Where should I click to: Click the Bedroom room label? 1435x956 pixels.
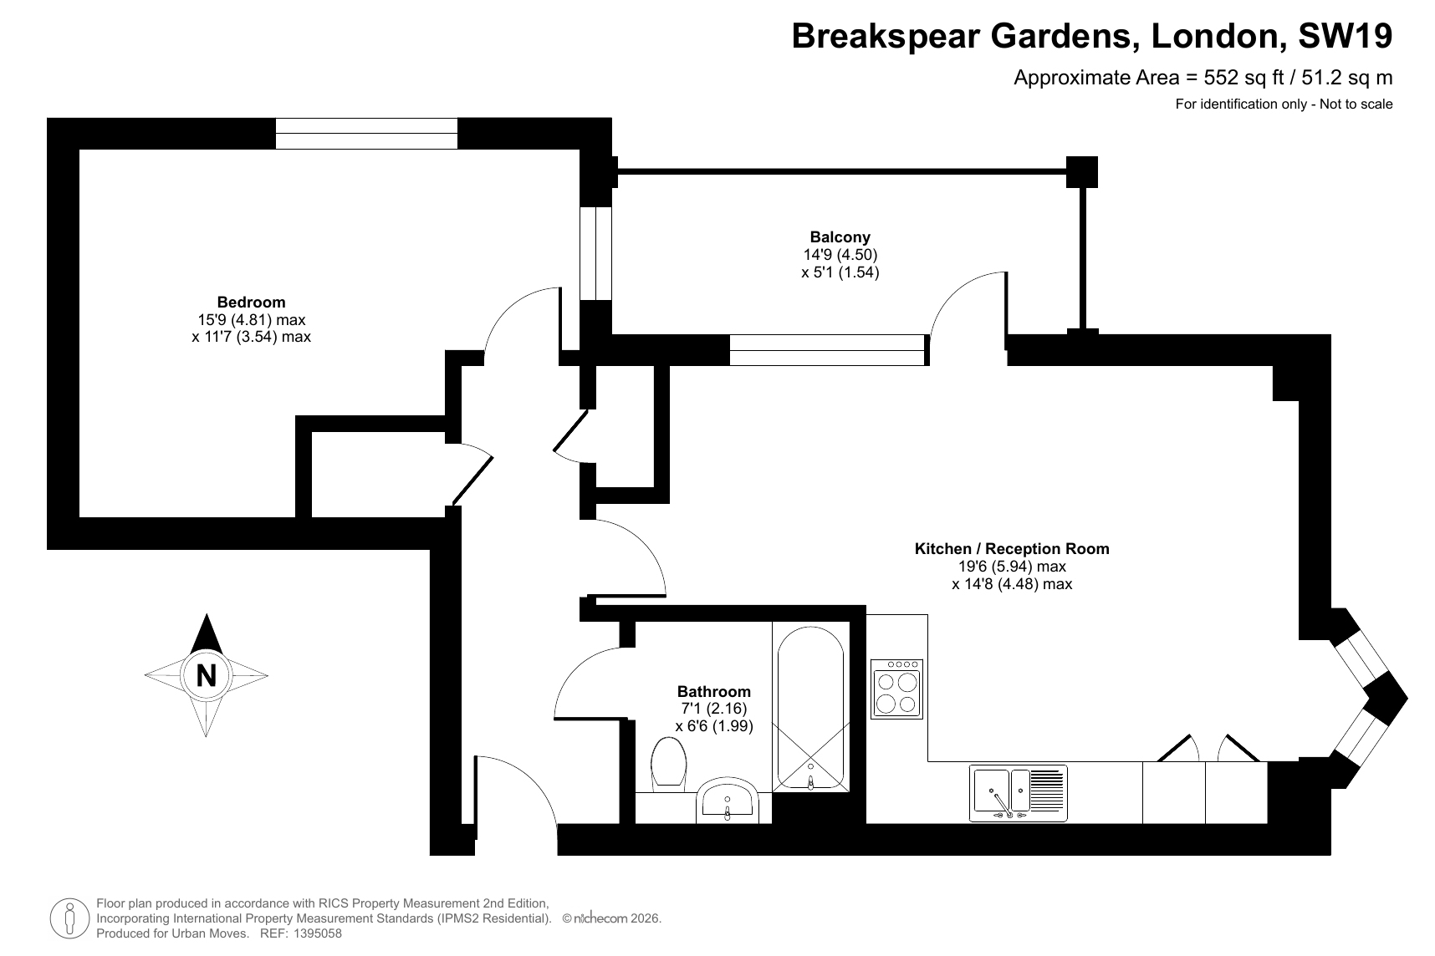tap(251, 303)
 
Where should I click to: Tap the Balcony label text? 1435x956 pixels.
tap(840, 237)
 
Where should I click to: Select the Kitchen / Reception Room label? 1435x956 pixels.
tap(1012, 549)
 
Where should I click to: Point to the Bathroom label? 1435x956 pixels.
tap(714, 692)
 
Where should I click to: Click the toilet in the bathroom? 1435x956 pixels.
tap(668, 762)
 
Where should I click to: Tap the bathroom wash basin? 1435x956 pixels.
tap(727, 801)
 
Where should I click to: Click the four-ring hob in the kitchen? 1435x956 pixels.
tap(896, 689)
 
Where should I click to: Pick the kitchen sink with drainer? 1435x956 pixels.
tap(1019, 792)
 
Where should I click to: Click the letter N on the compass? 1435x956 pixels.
tap(206, 674)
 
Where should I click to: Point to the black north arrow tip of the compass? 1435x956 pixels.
tap(207, 617)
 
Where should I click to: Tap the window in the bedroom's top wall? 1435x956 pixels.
tap(366, 134)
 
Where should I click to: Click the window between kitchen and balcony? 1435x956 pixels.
tap(828, 350)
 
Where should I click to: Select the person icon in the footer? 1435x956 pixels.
tap(69, 918)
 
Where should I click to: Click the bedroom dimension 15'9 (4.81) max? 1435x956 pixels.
tap(251, 319)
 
